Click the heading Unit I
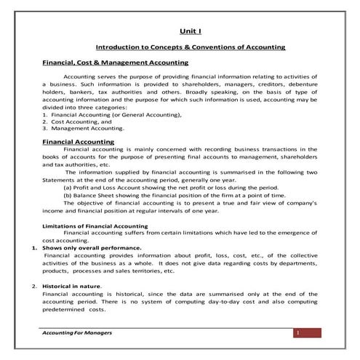tap(191, 32)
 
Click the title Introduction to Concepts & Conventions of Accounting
tap(191, 47)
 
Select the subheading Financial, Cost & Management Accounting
tap(116, 63)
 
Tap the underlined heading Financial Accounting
tap(78, 142)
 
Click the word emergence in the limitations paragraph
tap(292, 233)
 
